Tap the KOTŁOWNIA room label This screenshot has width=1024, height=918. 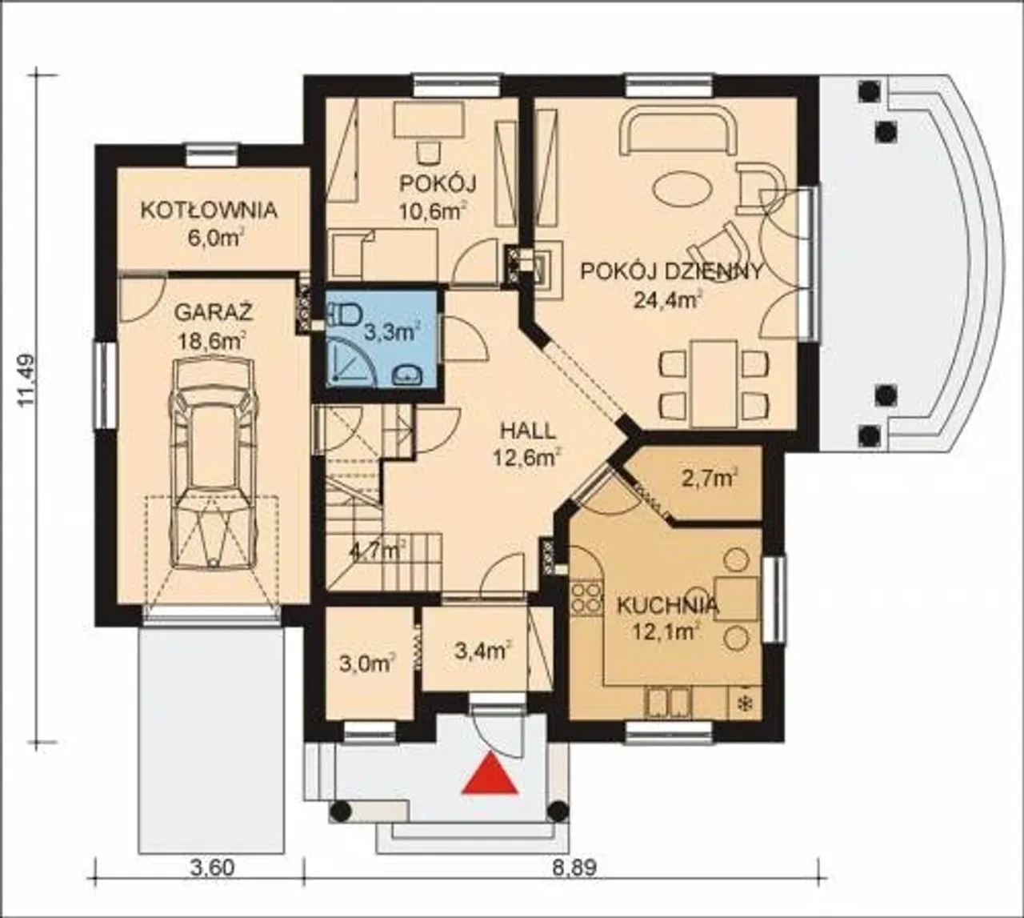click(209, 210)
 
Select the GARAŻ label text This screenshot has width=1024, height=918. click(213, 313)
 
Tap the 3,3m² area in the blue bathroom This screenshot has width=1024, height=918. click(393, 333)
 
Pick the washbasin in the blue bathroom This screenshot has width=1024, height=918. click(408, 375)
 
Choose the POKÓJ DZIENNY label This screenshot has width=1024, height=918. click(671, 271)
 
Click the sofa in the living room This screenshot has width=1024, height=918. click(678, 133)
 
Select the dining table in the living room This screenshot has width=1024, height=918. click(714, 383)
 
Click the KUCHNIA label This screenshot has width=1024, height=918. click(668, 605)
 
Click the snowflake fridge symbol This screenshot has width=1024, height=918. click(746, 703)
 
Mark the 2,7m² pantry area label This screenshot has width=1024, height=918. click(709, 478)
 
